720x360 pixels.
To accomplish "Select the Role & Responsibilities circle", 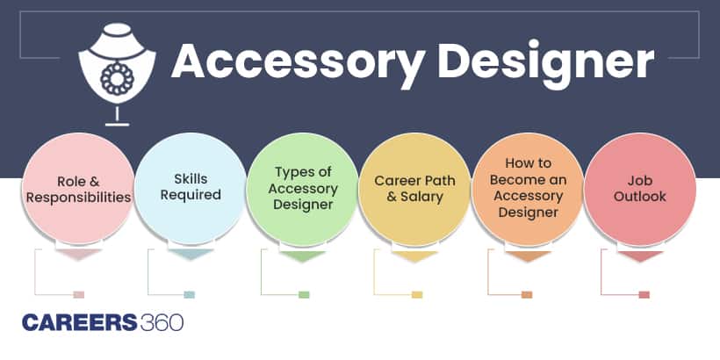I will pyautogui.click(x=78, y=188).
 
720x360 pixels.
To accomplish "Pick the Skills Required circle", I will pyautogui.click(x=191, y=188).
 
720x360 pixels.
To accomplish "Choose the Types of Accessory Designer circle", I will pyautogui.click(x=303, y=188).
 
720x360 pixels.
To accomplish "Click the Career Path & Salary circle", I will pyautogui.click(x=415, y=188).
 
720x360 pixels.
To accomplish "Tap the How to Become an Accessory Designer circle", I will pyautogui.click(x=528, y=188).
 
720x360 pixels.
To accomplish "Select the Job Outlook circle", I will pyautogui.click(x=640, y=188).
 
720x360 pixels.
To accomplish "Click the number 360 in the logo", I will pyautogui.click(x=161, y=322).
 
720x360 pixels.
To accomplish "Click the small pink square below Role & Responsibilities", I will pyautogui.click(x=78, y=294).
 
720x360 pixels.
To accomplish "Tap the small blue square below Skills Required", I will pyautogui.click(x=190, y=294).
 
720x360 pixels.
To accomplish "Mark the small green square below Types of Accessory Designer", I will pyautogui.click(x=304, y=294).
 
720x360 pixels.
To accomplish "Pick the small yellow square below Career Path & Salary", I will pyautogui.click(x=416, y=294).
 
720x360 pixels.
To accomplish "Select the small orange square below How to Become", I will pyautogui.click(x=527, y=294).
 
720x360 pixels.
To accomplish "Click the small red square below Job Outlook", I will pyautogui.click(x=644, y=294).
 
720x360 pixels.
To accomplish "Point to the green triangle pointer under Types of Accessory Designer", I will pyautogui.click(x=304, y=257).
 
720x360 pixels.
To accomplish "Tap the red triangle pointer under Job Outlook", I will pyautogui.click(x=642, y=257).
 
